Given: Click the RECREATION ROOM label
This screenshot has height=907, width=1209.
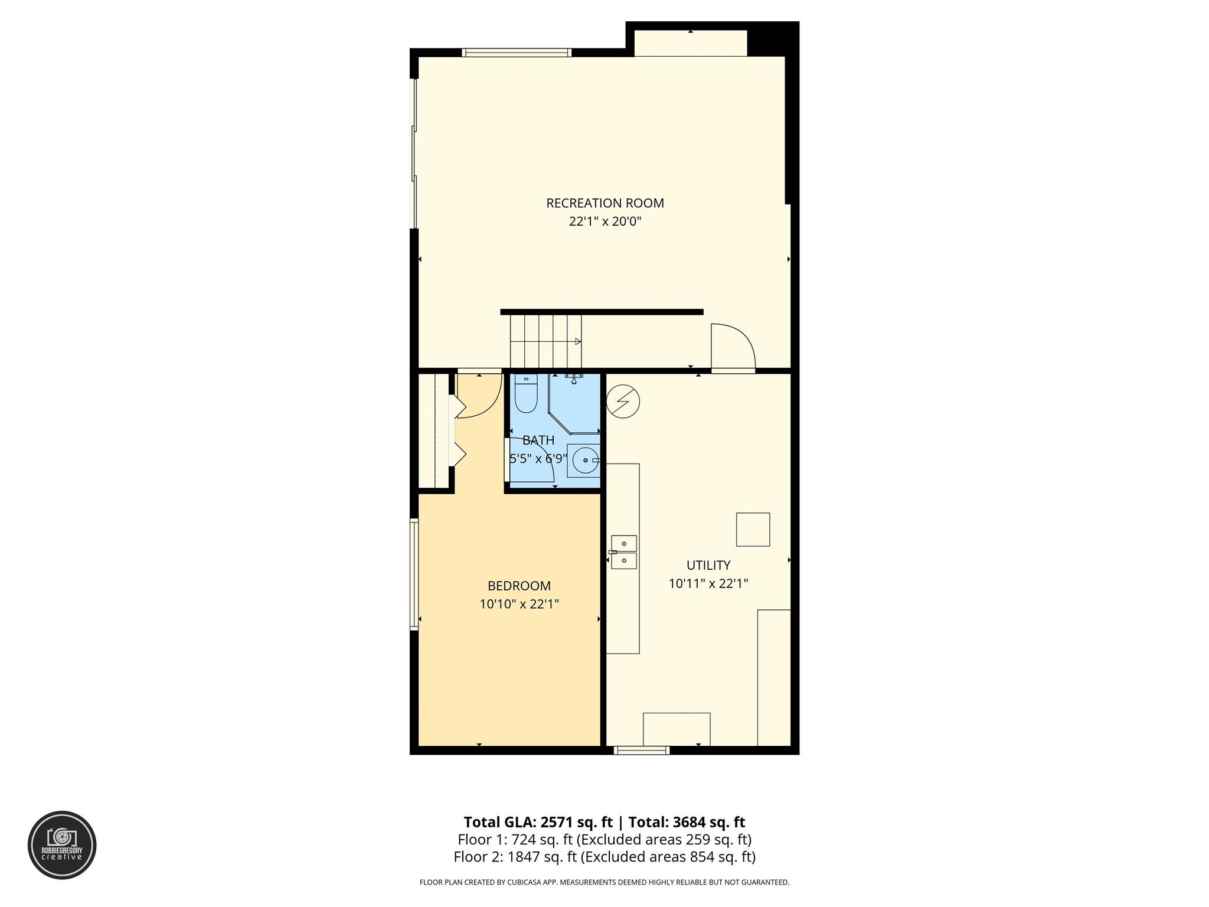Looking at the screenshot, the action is coord(605,203).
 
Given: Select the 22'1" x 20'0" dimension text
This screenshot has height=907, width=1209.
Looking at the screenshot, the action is coord(605,221).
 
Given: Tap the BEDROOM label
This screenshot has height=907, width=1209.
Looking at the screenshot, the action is coord(519,586).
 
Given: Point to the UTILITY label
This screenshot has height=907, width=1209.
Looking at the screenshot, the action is coord(708,565).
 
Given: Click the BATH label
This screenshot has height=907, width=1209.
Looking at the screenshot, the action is coord(538,440).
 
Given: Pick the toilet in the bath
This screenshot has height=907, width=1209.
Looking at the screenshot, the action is coord(525,393).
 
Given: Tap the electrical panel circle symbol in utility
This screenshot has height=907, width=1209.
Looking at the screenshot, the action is coord(622,402).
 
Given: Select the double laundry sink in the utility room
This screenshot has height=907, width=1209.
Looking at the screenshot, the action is coord(623,552).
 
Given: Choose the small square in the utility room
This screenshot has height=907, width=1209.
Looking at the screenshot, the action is coord(753,530).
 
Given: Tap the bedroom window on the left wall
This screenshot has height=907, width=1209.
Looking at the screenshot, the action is coord(414,575).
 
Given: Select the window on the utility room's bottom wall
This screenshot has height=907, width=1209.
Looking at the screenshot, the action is coord(641,750).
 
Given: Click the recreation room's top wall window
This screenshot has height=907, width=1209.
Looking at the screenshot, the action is coord(517,53).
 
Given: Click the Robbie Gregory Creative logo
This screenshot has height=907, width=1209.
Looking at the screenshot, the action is coord(62,845).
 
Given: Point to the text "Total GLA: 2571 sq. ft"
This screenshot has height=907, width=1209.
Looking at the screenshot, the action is coord(538,822).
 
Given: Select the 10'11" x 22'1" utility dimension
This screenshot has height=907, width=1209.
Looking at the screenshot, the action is coord(708,583).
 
